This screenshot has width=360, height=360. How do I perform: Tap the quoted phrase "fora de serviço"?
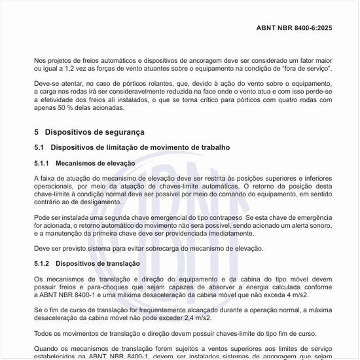click(x=307, y=69)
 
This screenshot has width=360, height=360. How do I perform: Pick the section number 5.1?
click(x=39, y=148)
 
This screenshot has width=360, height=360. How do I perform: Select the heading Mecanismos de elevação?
click(x=96, y=163)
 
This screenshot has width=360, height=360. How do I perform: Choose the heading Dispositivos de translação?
click(x=98, y=263)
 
